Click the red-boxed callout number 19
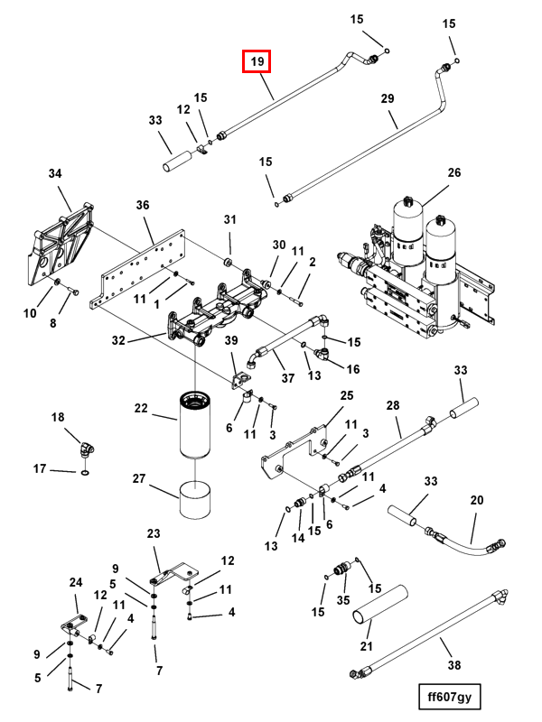coord(257,61)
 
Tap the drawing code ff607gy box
coord(449,696)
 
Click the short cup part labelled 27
coord(195,499)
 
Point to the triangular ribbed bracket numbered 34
coord(61,249)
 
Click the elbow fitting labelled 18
coord(85,449)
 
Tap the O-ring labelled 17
coord(85,473)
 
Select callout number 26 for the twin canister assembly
coord(454,172)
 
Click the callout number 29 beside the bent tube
coord(388,98)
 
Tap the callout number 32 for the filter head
coord(118,340)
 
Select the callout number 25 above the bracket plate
coord(347,395)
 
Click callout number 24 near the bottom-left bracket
coord(76,582)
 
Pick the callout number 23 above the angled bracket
coord(154,533)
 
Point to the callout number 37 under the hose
coord(288,378)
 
